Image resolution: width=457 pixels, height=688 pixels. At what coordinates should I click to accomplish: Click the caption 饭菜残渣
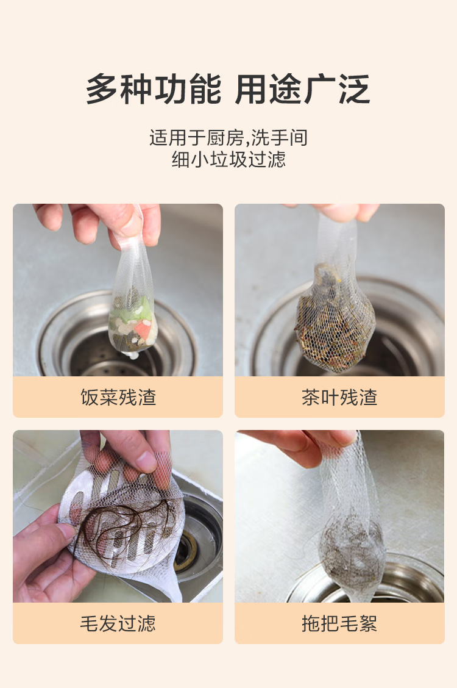coord(118,397)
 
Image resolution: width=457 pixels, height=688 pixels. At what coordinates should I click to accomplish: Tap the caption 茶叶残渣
coord(339,397)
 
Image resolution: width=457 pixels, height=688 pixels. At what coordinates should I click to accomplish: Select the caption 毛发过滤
coord(118,623)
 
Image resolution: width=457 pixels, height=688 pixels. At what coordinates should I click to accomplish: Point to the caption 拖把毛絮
coord(339,623)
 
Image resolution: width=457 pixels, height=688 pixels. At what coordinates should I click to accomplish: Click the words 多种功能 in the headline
coord(154,89)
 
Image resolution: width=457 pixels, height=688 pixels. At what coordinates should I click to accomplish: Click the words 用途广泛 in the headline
coord(303,89)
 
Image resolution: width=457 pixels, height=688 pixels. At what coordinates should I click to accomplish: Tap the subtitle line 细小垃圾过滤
coord(228,159)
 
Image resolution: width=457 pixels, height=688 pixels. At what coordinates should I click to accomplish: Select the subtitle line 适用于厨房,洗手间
coord(228,138)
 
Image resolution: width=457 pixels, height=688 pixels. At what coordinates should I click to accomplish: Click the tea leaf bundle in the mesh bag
coord(335,318)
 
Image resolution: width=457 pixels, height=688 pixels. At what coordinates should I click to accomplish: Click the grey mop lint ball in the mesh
coord(350,544)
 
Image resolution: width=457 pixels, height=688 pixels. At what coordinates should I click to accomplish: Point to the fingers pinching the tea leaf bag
coord(346,212)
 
